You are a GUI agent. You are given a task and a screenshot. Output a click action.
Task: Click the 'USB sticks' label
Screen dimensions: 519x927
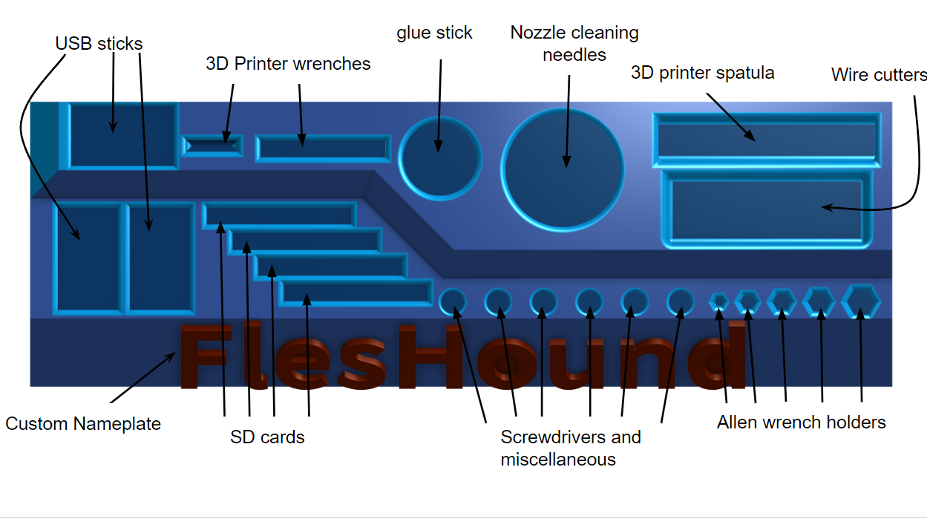pyautogui.click(x=99, y=44)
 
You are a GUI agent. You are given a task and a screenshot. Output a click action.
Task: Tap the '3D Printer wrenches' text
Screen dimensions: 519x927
pyautogui.click(x=288, y=64)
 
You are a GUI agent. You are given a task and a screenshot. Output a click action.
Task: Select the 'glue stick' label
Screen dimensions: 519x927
pyautogui.click(x=434, y=33)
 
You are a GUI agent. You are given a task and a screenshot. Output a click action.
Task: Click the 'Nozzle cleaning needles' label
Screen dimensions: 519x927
pyautogui.click(x=574, y=44)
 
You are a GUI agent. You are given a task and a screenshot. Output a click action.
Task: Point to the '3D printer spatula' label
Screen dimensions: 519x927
pyautogui.click(x=702, y=73)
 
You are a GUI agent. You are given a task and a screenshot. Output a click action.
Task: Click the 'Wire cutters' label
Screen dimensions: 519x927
pyautogui.click(x=879, y=75)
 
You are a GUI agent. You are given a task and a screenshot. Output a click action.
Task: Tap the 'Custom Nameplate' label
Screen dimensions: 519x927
pyautogui.click(x=83, y=424)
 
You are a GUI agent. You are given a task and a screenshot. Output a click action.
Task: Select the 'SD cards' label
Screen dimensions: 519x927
pyautogui.click(x=267, y=437)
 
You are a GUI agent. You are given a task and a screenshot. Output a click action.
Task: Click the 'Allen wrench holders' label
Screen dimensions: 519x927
pyautogui.click(x=801, y=422)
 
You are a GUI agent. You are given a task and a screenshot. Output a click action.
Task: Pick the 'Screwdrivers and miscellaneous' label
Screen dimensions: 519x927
pyautogui.click(x=570, y=448)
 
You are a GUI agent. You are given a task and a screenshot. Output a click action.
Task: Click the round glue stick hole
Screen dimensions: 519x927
pyautogui.click(x=439, y=157)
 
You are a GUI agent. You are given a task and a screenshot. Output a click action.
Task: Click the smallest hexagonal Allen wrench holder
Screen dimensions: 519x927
pyautogui.click(x=718, y=301)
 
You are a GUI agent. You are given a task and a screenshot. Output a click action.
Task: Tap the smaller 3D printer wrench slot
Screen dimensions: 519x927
pyautogui.click(x=212, y=145)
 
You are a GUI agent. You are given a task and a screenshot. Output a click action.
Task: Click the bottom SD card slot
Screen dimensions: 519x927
pyautogui.click(x=356, y=293)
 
